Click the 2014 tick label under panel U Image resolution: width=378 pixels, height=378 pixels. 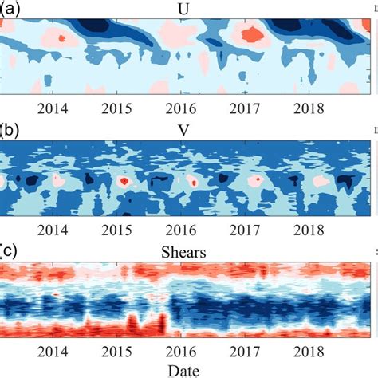(x=53, y=108)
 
